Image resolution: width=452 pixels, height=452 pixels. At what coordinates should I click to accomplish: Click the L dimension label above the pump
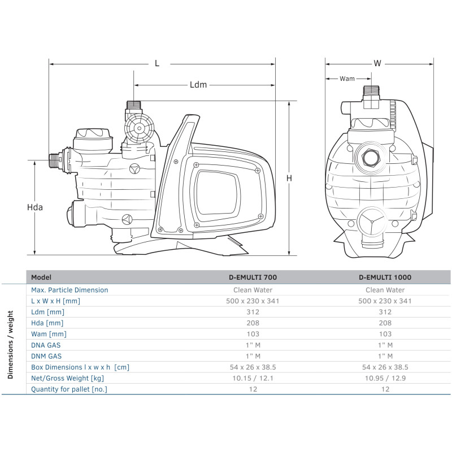pyautogui.click(x=158, y=64)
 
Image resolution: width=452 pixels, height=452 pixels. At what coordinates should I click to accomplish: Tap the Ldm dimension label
pyautogui.click(x=198, y=85)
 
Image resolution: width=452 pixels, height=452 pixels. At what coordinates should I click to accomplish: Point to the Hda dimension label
pyautogui.click(x=35, y=207)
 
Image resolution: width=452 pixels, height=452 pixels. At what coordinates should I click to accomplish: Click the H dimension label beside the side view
pyautogui.click(x=289, y=178)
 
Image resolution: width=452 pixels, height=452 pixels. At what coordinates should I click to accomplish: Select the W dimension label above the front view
pyautogui.click(x=377, y=64)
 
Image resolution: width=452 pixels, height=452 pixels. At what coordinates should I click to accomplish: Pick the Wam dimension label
pyautogui.click(x=347, y=79)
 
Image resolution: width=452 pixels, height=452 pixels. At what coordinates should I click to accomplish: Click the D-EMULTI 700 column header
pyautogui.click(x=253, y=277)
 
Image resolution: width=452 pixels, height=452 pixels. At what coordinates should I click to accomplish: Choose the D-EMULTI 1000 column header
pyautogui.click(x=385, y=277)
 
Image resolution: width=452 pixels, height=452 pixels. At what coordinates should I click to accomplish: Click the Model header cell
pyautogui.click(x=41, y=277)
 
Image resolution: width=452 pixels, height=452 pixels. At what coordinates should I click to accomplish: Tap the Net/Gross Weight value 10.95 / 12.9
pyautogui.click(x=385, y=378)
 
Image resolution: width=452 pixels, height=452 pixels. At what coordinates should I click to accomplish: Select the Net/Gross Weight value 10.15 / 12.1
pyautogui.click(x=253, y=378)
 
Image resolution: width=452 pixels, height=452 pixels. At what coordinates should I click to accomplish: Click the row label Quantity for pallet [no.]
pyautogui.click(x=69, y=389)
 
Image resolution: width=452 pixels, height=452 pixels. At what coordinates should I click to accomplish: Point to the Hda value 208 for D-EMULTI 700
pyautogui.click(x=253, y=323)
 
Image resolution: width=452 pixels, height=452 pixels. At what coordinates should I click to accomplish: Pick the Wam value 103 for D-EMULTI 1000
pyautogui.click(x=385, y=334)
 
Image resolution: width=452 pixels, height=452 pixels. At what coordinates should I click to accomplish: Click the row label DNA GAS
pyautogui.click(x=46, y=345)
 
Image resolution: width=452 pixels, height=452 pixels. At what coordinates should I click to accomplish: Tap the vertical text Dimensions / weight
pyautogui.click(x=11, y=337)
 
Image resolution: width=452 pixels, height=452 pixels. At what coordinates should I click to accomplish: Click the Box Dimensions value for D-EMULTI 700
pyautogui.click(x=253, y=367)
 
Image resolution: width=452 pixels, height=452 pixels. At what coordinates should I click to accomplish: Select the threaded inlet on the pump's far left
pyautogui.click(x=55, y=160)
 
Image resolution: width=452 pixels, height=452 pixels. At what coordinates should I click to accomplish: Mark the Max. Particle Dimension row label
pyautogui.click(x=69, y=290)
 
